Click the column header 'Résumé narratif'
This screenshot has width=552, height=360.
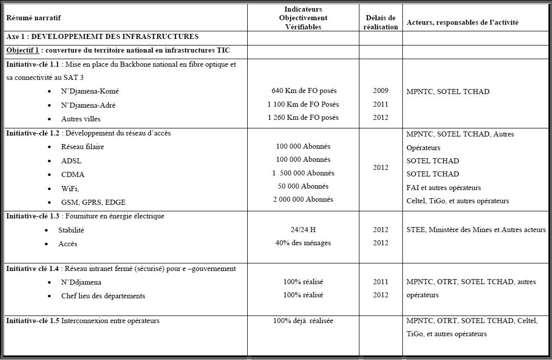33,18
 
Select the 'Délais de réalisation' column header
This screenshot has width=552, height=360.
381,22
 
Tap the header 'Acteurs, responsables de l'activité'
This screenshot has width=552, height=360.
462,22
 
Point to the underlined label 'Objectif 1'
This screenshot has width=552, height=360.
22,50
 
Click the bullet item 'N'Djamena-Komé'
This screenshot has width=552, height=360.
90,92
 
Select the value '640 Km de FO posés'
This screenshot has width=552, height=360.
304,91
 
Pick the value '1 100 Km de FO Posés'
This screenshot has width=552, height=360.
303,104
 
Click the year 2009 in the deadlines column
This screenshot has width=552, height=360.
381,91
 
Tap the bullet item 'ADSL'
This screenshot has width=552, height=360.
71,161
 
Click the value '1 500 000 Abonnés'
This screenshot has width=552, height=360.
303,173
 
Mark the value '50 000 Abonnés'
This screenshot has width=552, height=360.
303,186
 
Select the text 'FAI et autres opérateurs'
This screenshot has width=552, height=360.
443,188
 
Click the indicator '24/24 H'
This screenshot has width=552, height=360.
303,230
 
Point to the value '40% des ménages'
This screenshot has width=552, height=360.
303,243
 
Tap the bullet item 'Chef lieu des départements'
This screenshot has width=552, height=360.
103,296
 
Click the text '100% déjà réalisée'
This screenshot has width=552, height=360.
303,321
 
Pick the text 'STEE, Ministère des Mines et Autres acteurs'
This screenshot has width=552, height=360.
476,230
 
